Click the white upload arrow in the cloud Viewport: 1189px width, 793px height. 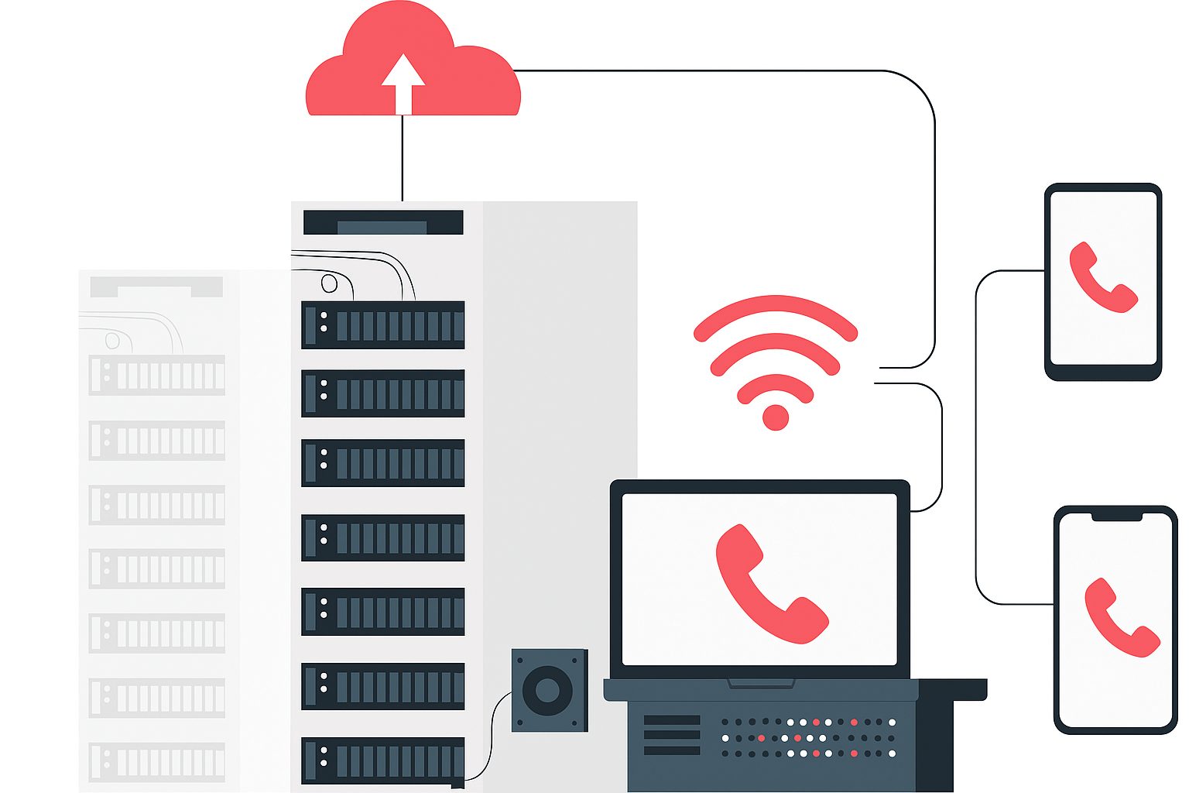point(403,82)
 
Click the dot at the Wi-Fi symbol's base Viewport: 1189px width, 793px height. point(775,417)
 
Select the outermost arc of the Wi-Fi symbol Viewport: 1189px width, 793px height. point(775,306)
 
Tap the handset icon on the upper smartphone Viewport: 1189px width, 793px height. point(1102,278)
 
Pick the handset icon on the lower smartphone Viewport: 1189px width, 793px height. point(1121,617)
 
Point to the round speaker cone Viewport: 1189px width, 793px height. point(547,690)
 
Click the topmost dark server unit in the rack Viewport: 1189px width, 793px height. point(383,325)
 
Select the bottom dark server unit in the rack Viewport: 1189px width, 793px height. point(383,760)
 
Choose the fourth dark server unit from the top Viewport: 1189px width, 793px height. point(383,537)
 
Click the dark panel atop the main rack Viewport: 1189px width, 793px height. point(383,222)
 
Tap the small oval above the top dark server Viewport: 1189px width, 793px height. point(329,283)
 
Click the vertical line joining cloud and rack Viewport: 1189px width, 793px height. point(403,159)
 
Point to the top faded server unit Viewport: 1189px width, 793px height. point(157,376)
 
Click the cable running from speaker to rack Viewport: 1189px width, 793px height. point(490,736)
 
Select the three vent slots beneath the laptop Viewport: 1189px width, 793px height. point(671,735)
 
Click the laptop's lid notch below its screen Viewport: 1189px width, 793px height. point(761,683)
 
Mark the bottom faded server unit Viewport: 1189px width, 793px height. point(157,762)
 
